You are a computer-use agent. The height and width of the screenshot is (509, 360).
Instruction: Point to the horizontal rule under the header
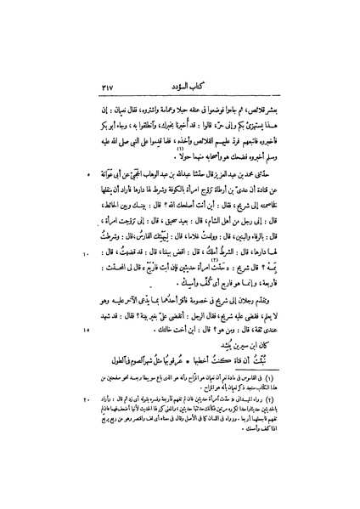(188, 99)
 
